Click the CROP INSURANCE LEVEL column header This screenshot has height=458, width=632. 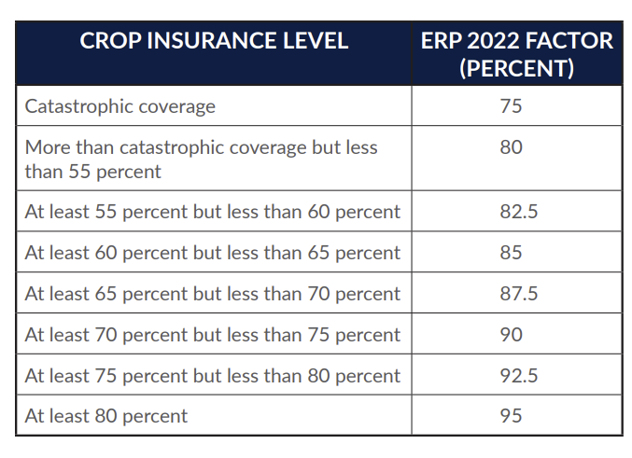tap(214, 42)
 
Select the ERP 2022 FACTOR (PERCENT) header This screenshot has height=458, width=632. tap(516, 54)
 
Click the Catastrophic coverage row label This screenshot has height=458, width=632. tap(120, 106)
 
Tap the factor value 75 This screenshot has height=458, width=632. tap(511, 106)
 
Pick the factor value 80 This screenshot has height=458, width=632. tap(511, 147)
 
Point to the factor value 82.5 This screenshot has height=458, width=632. tap(517, 212)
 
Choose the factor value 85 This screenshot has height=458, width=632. tap(511, 253)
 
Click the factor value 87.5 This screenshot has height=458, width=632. tap(517, 294)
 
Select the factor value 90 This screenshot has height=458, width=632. tap(511, 335)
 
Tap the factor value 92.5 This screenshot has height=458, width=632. tap(517, 376)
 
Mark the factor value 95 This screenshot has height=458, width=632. tap(511, 416)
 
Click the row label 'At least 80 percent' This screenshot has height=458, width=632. tap(106, 416)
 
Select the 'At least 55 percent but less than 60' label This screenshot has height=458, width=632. tap(213, 212)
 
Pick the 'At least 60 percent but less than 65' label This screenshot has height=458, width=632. tap(213, 253)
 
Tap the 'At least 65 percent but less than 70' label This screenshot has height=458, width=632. tap(213, 294)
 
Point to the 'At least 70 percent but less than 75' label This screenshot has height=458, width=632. tap(213, 335)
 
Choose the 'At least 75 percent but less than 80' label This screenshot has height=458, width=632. tap(213, 376)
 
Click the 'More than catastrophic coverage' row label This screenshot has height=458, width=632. tap(202, 159)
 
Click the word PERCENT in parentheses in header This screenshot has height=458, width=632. tap(516, 69)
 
